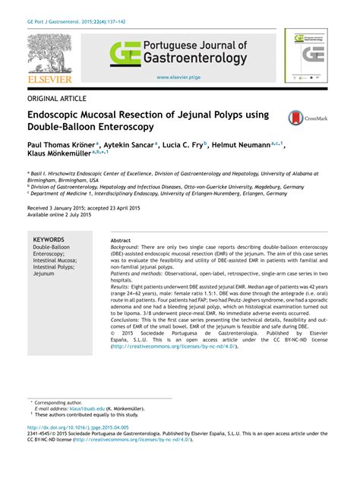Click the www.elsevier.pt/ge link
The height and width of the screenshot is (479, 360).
178,77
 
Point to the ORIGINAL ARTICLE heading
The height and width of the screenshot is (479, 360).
58,98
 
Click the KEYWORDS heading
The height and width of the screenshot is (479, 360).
49,240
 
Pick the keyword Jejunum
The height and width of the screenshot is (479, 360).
44,274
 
